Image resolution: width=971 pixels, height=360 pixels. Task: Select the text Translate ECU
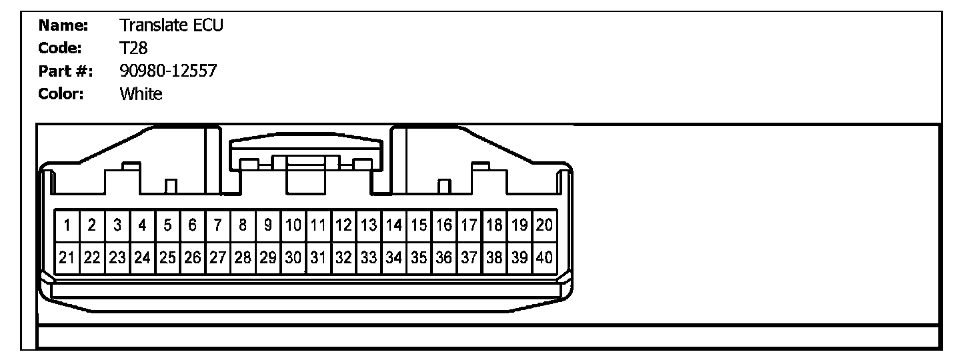pos(171,26)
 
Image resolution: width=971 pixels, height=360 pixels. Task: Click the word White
pos(141,94)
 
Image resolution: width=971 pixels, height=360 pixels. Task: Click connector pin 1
pos(67,225)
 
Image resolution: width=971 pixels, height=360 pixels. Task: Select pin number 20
pos(544,225)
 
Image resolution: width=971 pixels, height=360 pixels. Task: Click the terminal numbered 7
pos(217,225)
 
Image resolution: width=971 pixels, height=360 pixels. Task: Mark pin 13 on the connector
pos(368,225)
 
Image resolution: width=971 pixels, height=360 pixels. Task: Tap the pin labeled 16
pos(443,225)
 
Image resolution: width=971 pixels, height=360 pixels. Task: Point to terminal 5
pos(167,225)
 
